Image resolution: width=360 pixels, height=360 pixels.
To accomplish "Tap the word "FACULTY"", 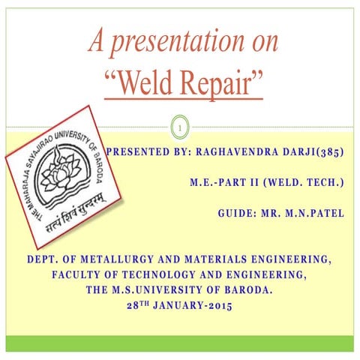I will [x=79, y=275].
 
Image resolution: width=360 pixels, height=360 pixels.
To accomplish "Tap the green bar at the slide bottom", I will [x=180, y=343].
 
